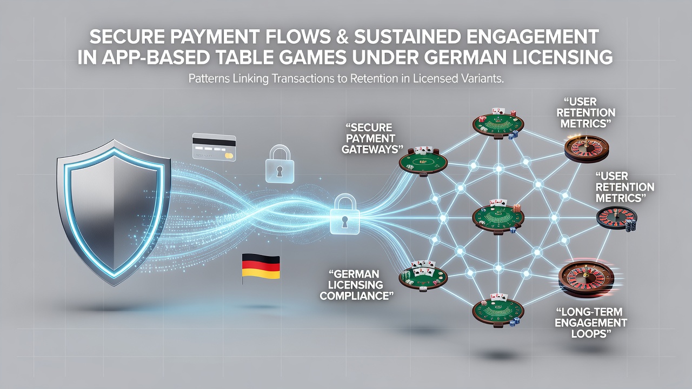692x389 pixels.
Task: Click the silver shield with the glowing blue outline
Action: [x=114, y=213]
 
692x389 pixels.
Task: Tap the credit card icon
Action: [x=214, y=147]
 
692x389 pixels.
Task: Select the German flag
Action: [x=261, y=267]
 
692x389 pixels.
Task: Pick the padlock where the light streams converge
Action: [x=345, y=214]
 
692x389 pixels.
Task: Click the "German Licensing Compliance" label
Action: [x=356, y=285]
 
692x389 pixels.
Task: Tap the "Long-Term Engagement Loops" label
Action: [x=591, y=323]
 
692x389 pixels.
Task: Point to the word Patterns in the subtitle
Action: [x=209, y=78]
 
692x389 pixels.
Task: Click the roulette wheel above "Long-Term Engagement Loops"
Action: [x=586, y=279]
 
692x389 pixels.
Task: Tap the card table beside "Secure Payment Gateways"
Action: [x=423, y=162]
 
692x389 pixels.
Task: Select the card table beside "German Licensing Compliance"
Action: [x=423, y=276]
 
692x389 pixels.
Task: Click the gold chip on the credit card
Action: [x=229, y=156]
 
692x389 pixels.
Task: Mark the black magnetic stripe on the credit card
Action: [x=214, y=142]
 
